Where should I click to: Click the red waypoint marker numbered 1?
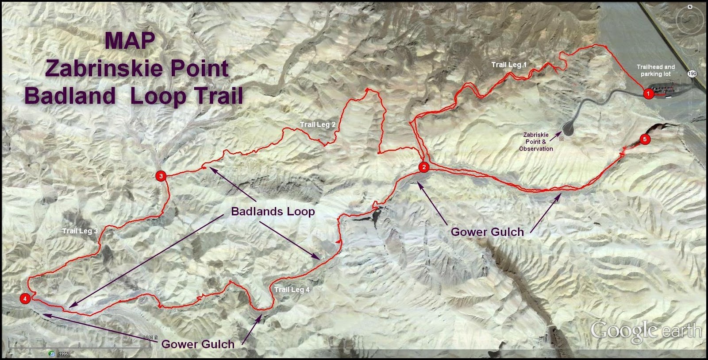[x=648, y=93]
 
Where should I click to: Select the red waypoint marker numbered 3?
[x=161, y=176]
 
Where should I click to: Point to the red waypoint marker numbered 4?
[x=25, y=298]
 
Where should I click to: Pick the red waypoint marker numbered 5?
[x=645, y=139]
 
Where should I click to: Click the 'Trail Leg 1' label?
[x=509, y=65]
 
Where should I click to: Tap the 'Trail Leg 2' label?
[x=317, y=124]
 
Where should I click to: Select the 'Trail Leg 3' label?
[x=80, y=231]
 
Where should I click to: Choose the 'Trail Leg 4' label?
[x=292, y=289]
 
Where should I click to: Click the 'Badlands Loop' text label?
[x=273, y=211]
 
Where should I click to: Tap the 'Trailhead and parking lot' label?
[x=655, y=70]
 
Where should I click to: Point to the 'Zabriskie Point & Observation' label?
[x=536, y=142]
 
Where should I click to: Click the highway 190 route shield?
[x=693, y=74]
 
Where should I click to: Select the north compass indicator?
[x=690, y=8]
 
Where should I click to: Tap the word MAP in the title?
[x=130, y=41]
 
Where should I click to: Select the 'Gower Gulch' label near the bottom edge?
[x=198, y=344]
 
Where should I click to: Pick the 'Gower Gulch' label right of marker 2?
[x=487, y=232]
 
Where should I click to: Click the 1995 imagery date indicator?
[x=64, y=354]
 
